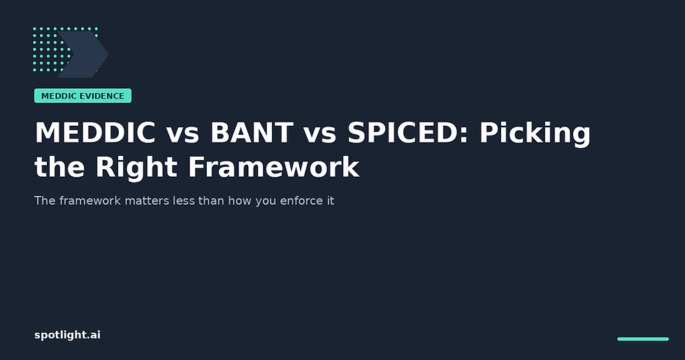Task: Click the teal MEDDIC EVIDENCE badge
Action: tap(82, 96)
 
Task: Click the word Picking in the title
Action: tap(535, 134)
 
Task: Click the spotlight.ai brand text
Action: tap(67, 335)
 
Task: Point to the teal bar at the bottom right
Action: tap(642, 339)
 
